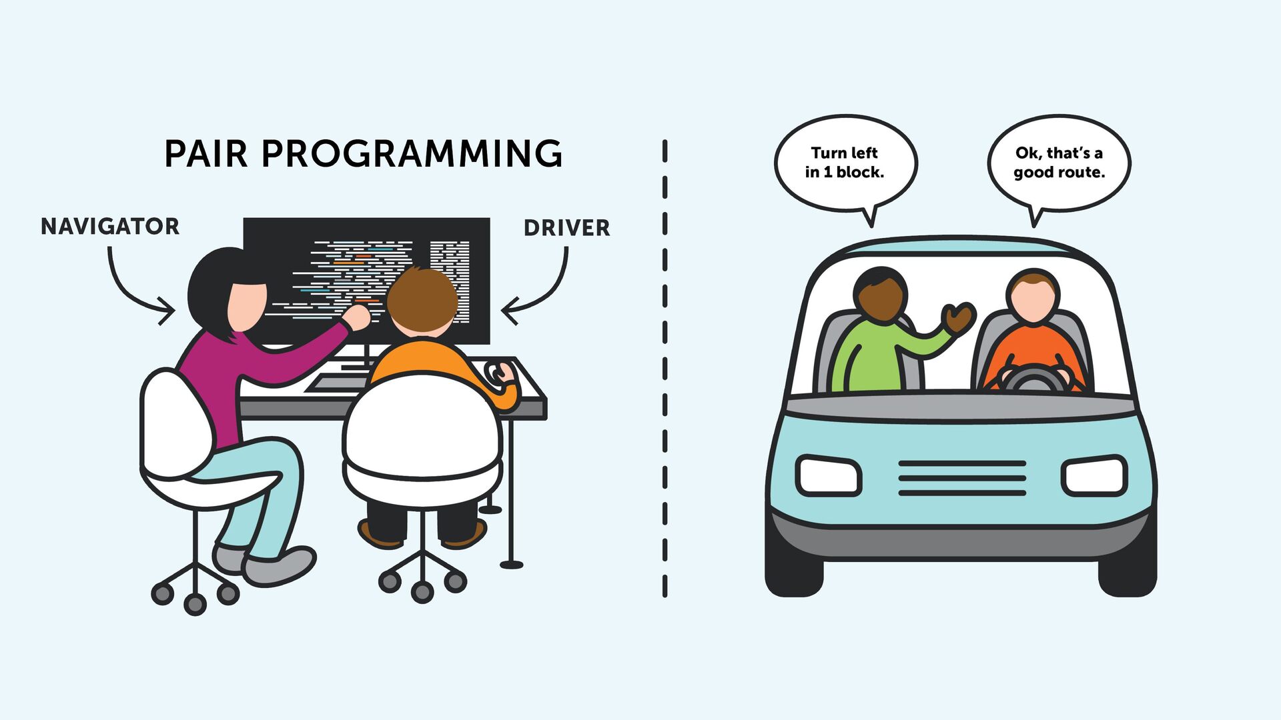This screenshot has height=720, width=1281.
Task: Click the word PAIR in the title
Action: point(205,154)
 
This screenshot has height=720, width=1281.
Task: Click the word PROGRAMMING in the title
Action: point(412,154)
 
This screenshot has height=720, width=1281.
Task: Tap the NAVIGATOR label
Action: point(110,227)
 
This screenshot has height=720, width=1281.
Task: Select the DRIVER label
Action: point(566,228)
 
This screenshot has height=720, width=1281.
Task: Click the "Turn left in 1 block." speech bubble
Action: point(845,163)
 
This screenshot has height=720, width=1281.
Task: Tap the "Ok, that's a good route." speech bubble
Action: point(1059,163)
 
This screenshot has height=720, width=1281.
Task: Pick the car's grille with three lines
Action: point(962,478)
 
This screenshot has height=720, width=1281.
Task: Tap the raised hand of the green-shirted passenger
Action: point(959,317)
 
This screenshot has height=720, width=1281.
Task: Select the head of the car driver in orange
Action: point(1033,297)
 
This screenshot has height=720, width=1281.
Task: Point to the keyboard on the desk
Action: point(337,383)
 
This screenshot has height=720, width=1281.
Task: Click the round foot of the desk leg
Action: point(512,565)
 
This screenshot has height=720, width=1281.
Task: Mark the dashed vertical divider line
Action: point(665,367)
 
